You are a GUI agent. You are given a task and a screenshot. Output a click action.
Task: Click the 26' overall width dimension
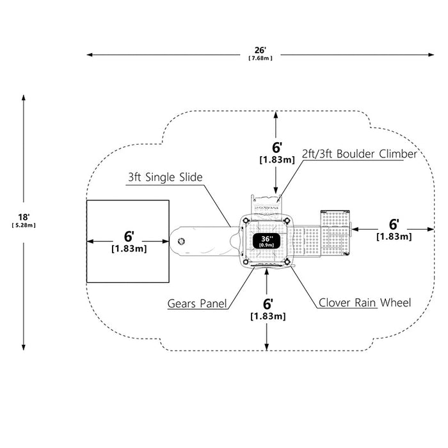click(x=260, y=51)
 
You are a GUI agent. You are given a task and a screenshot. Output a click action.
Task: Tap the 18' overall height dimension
click(x=24, y=217)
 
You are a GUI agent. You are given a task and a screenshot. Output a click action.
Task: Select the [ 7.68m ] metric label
click(x=260, y=58)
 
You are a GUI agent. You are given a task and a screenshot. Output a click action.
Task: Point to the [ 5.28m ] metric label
click(x=24, y=225)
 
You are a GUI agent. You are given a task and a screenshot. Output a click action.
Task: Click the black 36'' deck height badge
click(x=267, y=241)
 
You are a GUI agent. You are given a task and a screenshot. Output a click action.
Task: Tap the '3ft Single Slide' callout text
click(x=165, y=177)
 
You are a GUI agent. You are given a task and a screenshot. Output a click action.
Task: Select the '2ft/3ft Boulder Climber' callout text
click(x=360, y=154)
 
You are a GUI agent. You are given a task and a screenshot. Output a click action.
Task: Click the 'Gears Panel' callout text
click(x=197, y=303)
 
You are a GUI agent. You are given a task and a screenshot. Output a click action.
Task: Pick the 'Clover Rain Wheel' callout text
click(x=365, y=303)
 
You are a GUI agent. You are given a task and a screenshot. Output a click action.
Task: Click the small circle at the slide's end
click(x=181, y=241)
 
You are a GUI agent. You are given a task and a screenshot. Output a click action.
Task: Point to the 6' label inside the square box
click(x=129, y=236)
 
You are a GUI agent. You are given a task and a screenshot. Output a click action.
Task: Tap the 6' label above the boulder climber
click(x=277, y=147)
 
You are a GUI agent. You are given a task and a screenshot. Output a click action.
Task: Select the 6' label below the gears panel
click(x=268, y=304)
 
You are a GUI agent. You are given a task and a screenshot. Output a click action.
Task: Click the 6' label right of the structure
click(x=394, y=225)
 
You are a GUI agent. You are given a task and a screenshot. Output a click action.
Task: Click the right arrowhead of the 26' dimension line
click(x=431, y=54)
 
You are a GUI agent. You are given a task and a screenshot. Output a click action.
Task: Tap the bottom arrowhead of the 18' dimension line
click(x=24, y=347)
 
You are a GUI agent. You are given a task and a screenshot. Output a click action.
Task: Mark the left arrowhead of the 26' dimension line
click(x=90, y=54)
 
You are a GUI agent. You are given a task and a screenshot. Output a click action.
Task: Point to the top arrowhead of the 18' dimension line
click(x=24, y=98)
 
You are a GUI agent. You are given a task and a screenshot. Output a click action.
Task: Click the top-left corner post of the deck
click(x=246, y=221)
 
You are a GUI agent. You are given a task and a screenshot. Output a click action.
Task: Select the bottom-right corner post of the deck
click(x=287, y=262)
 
